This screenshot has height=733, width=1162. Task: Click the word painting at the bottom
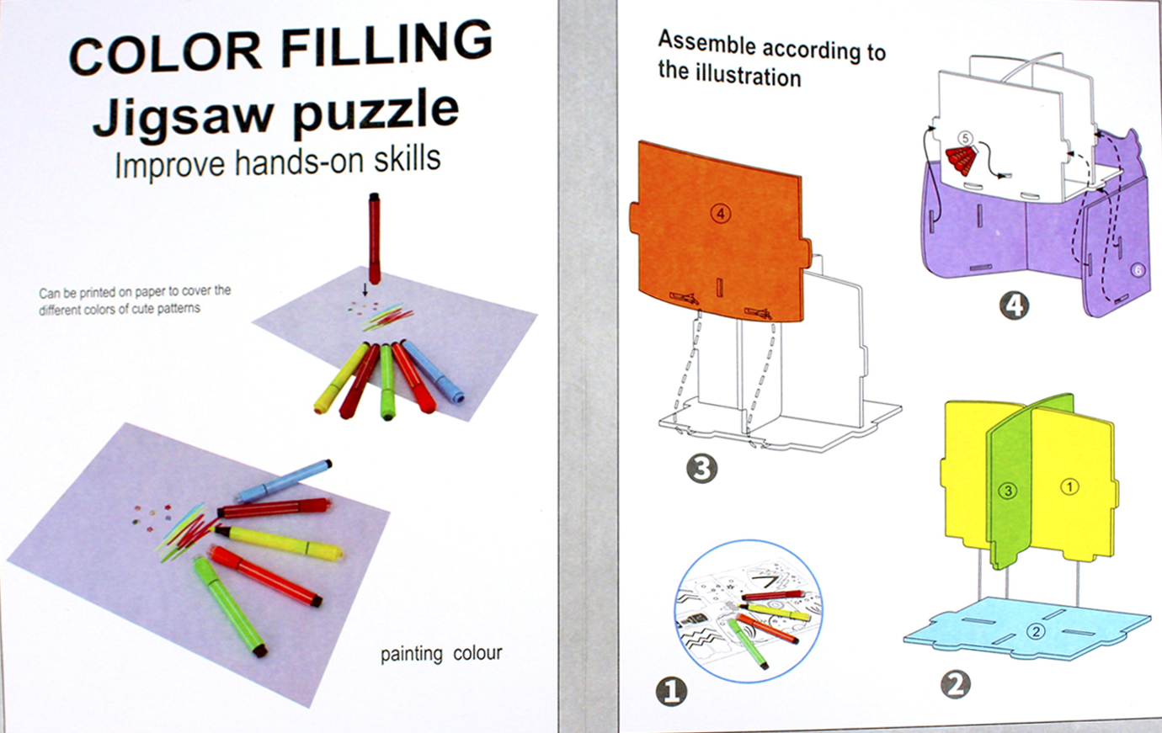tap(412, 654)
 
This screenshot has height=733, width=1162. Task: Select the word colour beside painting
tap(477, 653)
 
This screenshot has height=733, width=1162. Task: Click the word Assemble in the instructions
tap(707, 43)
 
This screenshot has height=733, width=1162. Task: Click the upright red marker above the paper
tap(374, 238)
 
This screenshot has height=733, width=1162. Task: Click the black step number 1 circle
tap(672, 692)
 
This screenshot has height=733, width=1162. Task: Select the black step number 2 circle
tap(956, 684)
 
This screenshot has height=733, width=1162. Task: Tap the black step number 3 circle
tap(702, 469)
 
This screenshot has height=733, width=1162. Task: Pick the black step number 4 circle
tap(1014, 305)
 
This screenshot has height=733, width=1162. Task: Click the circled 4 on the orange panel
tap(721, 214)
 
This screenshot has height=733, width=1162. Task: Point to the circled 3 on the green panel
tap(1008, 491)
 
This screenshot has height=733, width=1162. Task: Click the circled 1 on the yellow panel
tap(1069, 486)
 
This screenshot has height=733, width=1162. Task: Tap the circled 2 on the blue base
tap(1036, 631)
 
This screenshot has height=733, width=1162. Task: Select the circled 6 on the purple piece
tap(1137, 270)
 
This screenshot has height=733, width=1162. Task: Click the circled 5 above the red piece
tap(965, 138)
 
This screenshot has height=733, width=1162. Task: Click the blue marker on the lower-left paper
tap(285, 481)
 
